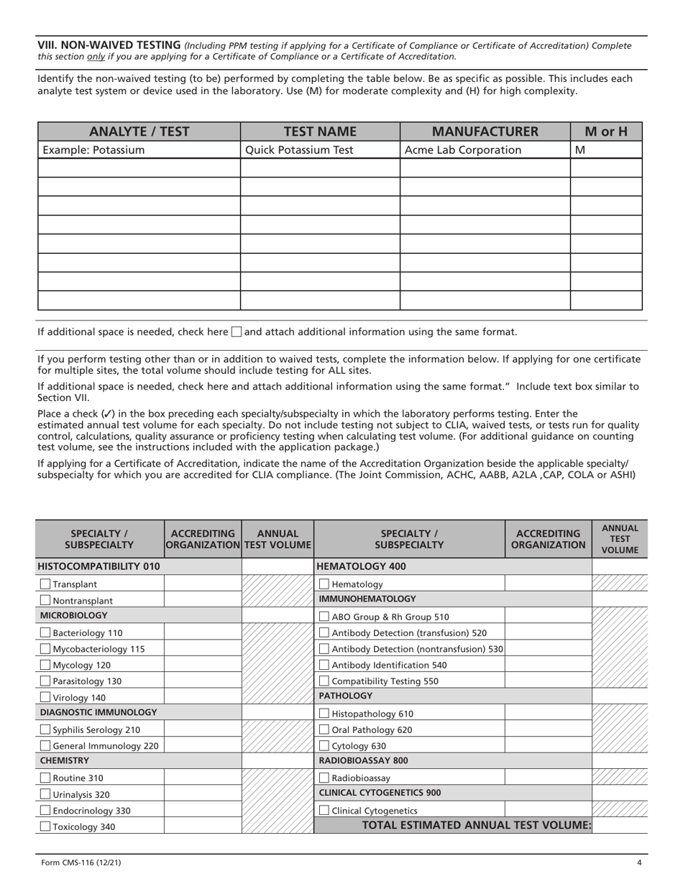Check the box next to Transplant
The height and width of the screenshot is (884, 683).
coord(45,584)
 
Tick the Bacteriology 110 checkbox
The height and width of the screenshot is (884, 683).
coord(45,633)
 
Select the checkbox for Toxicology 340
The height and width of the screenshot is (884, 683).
coord(45,827)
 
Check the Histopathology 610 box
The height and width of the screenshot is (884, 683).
coord(324,714)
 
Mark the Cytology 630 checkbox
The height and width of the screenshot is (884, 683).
coord(324,746)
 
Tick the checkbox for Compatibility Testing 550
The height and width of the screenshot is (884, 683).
coord(324,681)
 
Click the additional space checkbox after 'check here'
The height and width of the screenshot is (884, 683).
coord(237,332)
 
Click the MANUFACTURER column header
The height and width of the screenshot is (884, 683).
coord(485,132)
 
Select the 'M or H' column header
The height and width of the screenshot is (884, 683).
coord(605,132)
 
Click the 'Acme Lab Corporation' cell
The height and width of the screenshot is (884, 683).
coord(463,150)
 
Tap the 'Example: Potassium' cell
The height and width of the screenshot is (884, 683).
coord(93,150)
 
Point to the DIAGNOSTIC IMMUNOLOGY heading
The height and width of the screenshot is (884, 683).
coord(98,712)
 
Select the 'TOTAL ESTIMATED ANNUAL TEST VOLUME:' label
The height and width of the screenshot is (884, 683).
coord(475,826)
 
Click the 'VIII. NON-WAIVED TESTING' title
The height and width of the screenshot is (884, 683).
coord(109,45)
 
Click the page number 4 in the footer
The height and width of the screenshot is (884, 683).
coord(638,863)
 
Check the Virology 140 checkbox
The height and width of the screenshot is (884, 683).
coord(45,697)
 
